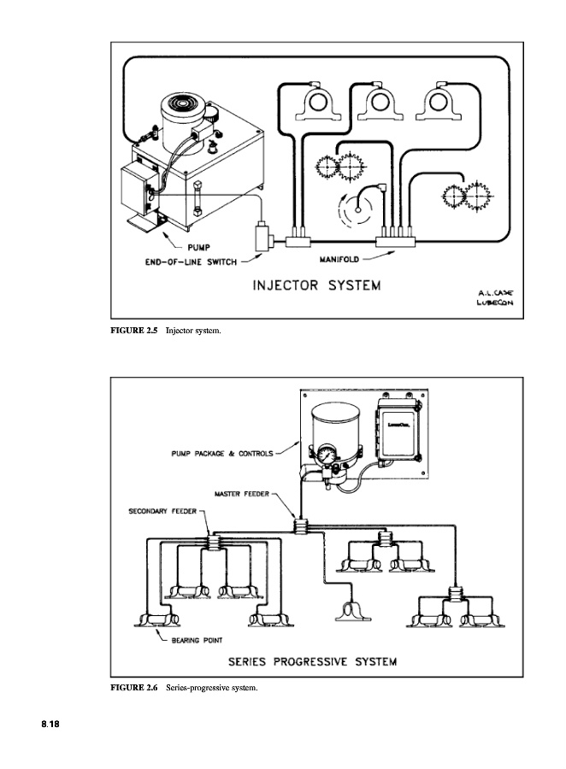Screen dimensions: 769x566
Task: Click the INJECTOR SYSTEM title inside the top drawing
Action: coord(315,285)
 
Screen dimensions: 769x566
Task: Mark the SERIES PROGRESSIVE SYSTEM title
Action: coord(311,661)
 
